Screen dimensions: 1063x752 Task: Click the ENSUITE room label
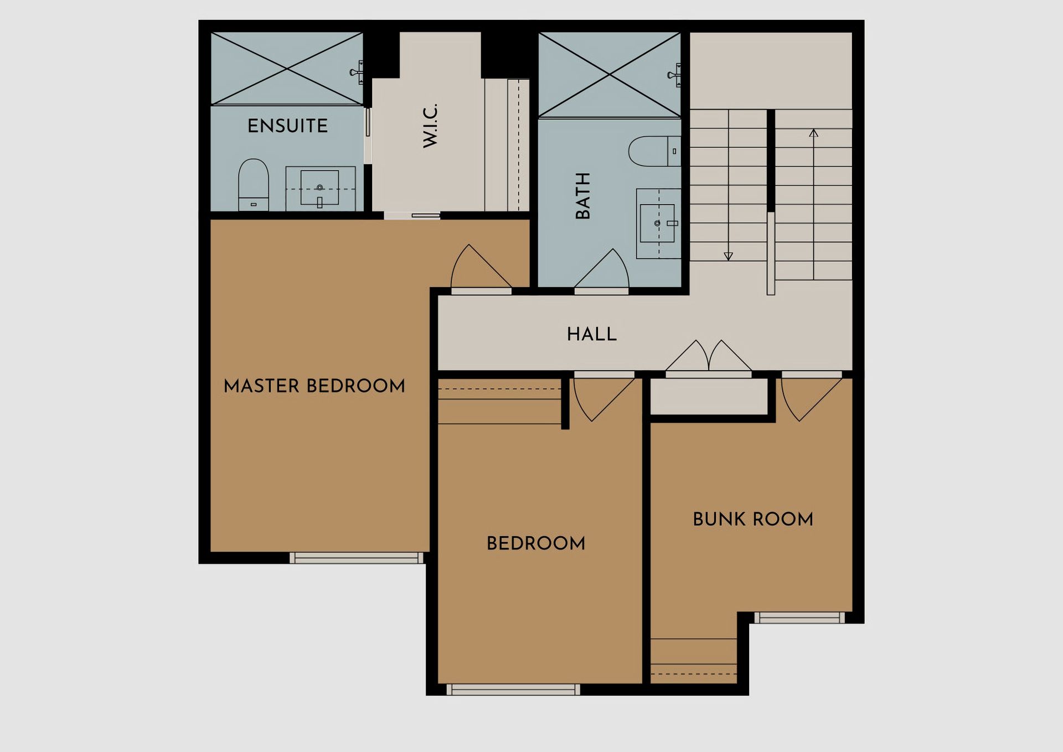point(287,126)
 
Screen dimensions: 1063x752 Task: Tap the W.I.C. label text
point(430,125)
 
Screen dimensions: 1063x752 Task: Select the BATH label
point(583,196)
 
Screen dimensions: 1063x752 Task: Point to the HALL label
point(592,334)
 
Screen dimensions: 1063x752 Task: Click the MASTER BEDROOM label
point(314,386)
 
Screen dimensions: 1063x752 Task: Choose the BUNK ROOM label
point(753,519)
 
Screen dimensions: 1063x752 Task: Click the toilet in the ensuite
point(254,185)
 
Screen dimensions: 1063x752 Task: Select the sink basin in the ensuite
point(319,188)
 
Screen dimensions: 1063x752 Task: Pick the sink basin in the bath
point(657,224)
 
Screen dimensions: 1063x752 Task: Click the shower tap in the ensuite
point(357,72)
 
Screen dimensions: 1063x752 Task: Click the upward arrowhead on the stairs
point(813,133)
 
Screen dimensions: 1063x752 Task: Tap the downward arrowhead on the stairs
point(729,256)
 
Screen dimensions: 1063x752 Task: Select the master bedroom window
point(357,558)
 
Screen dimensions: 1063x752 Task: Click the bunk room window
point(799,618)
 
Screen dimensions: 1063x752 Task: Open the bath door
point(601,271)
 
